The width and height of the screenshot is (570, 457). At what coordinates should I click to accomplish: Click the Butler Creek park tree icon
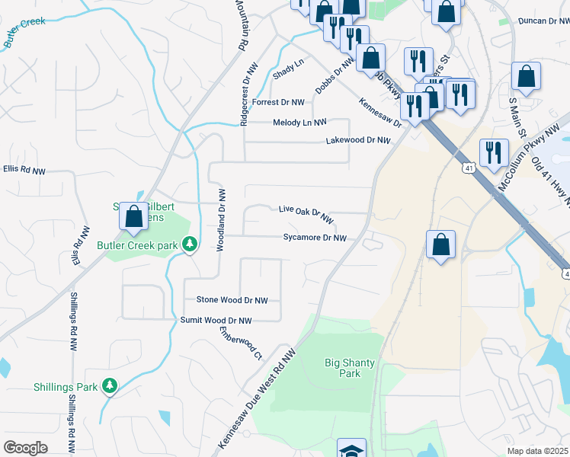pos(191,244)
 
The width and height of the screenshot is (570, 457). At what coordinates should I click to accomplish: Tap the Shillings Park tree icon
pos(110,386)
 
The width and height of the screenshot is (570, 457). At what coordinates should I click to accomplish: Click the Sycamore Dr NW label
pos(315,238)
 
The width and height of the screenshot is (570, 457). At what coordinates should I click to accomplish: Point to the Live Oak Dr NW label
pos(306,214)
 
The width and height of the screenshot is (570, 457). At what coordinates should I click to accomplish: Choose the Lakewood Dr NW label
pos(357,141)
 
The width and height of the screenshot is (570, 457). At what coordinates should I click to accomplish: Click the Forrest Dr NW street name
pos(278,102)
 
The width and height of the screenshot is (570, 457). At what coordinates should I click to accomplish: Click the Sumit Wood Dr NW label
pos(216,321)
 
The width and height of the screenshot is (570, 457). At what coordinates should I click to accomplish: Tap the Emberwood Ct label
pos(240,343)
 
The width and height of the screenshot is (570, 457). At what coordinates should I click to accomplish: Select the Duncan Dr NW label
pos(543,22)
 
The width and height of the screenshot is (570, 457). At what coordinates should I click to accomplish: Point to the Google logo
pos(25,448)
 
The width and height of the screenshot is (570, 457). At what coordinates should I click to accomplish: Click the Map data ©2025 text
pos(538,451)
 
